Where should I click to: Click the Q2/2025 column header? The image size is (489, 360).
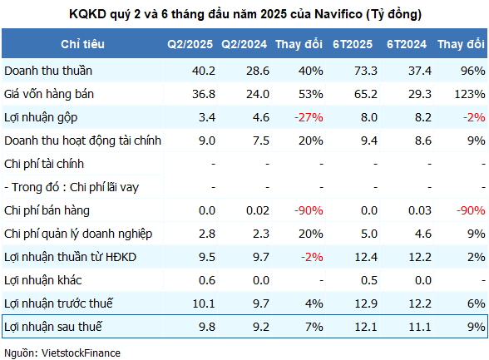tap(190, 44)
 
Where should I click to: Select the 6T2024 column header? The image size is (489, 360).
tap(407, 44)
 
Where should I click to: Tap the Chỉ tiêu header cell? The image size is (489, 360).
tap(82, 44)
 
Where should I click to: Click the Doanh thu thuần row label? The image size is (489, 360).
tap(48, 71)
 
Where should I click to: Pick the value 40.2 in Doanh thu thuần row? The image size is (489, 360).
tap(203, 71)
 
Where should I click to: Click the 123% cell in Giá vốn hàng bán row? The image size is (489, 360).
tap(470, 94)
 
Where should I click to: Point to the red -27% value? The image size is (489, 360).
tap(309, 117)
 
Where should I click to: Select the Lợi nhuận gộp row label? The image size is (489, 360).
tap(41, 118)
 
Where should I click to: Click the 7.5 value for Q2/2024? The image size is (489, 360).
tap(261, 141)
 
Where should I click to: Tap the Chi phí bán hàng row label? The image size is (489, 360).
tap(47, 210)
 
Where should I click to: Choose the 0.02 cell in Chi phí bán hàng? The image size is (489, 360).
tap(258, 210)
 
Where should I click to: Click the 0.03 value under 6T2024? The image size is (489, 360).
tap(420, 210)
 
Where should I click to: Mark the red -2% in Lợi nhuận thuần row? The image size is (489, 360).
tap(312, 257)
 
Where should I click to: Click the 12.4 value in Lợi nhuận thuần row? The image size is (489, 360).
tap(366, 257)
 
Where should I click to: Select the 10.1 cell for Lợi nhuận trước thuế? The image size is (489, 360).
tap(204, 303)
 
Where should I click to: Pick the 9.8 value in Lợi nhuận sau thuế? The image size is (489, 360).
tap(207, 327)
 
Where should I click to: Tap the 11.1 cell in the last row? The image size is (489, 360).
tap(420, 327)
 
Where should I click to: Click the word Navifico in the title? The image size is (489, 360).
tap(338, 14)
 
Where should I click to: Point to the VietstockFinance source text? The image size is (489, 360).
tap(81, 353)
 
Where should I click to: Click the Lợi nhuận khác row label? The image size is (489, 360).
tap(43, 280)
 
